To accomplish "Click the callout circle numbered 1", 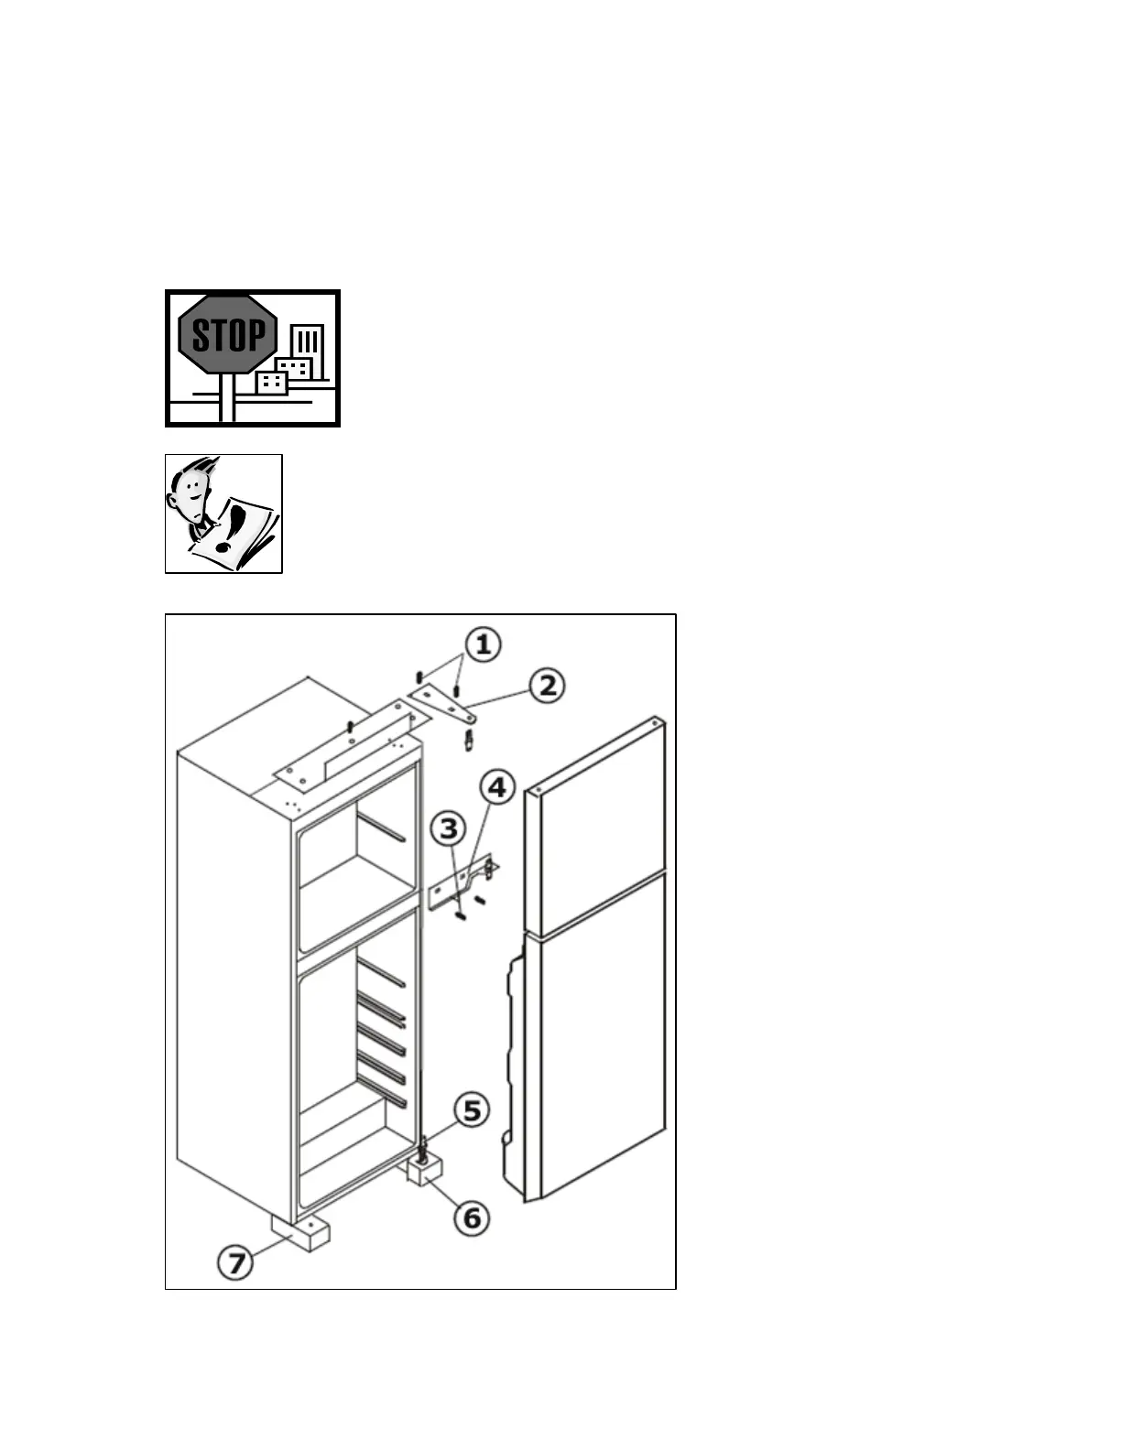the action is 482,644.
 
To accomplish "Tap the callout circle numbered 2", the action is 547,685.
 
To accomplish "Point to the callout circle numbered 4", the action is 496,787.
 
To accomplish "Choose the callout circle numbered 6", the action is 471,1217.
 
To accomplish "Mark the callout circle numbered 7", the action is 236,1263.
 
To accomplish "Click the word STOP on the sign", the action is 228,336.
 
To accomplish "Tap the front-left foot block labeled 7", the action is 300,1234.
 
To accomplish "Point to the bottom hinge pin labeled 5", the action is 423,1145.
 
